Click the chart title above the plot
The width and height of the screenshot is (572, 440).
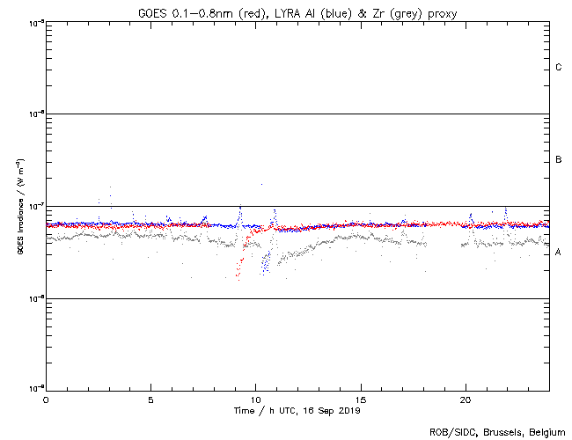[x=297, y=13]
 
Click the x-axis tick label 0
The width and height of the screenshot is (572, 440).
[x=46, y=399]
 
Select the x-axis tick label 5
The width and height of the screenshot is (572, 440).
[x=150, y=399]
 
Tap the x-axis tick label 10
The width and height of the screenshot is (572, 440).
[x=255, y=399]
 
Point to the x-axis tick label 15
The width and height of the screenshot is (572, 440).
[x=360, y=399]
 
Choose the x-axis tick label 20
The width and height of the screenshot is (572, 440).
[x=466, y=399]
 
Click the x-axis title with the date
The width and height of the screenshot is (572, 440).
[x=297, y=410]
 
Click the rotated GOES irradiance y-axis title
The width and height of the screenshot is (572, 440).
[x=19, y=207]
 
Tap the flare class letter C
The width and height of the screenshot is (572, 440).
[x=559, y=68]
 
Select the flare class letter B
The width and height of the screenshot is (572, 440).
[x=559, y=160]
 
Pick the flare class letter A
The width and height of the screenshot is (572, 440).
[x=559, y=253]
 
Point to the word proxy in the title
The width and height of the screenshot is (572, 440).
[x=440, y=13]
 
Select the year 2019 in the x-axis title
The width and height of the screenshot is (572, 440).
[x=349, y=410]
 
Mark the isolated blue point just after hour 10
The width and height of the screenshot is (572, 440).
[x=261, y=184]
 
